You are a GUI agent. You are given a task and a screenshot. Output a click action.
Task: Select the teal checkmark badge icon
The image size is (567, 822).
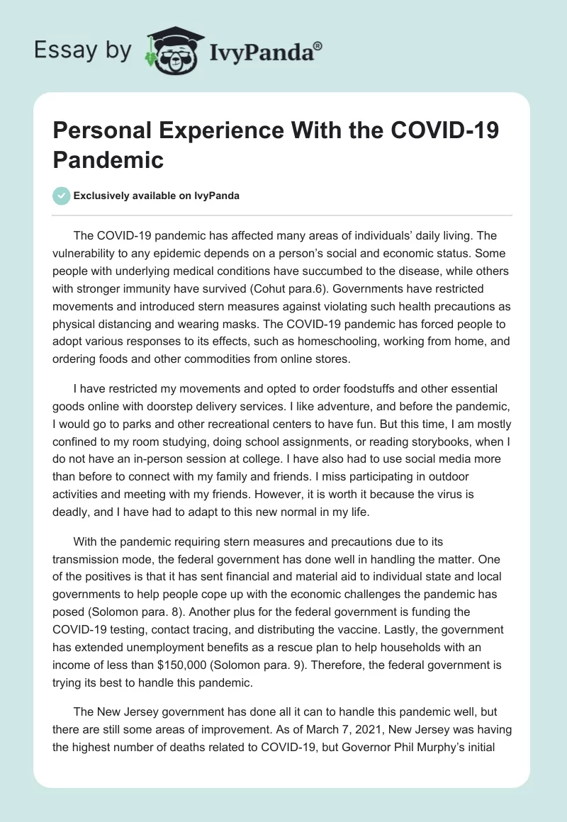click(x=62, y=196)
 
